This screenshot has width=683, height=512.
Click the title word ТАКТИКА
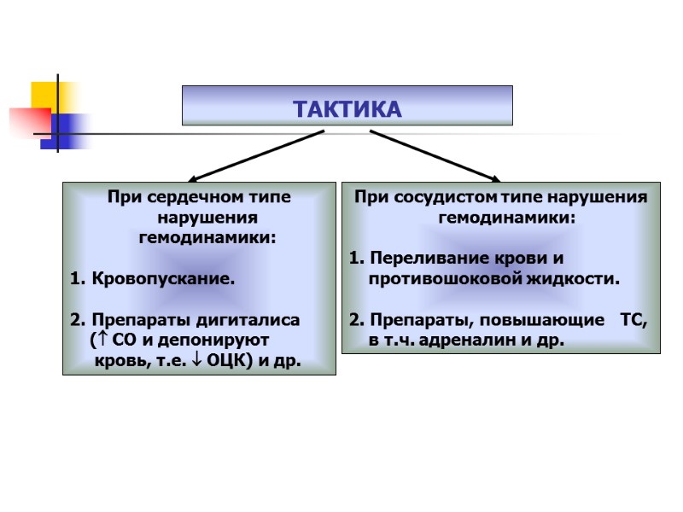tap(347, 110)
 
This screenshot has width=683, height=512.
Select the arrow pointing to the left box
tap(256, 154)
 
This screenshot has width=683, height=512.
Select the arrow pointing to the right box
tap(434, 154)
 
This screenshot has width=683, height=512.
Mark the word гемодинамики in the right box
tap(507, 218)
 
